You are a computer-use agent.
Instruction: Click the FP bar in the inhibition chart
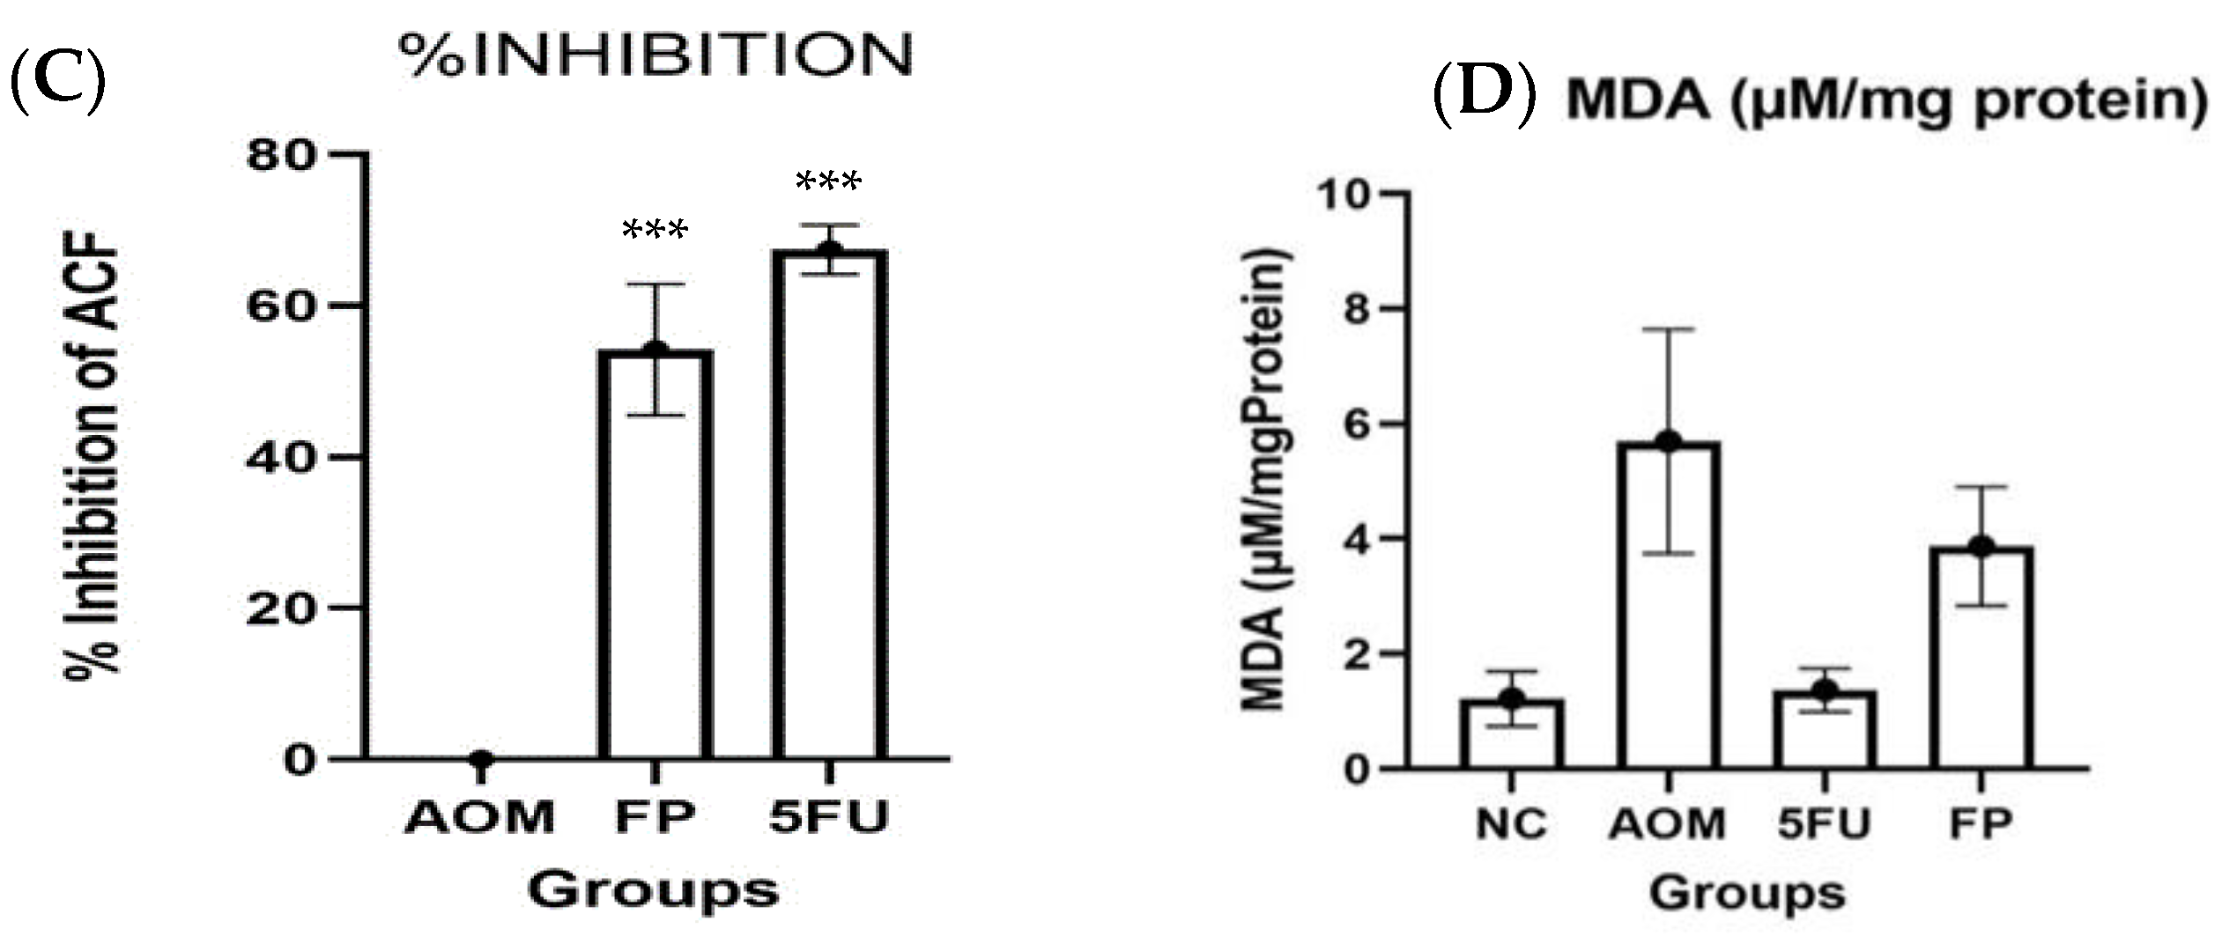tap(655, 555)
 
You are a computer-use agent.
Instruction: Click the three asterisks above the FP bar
tap(655, 232)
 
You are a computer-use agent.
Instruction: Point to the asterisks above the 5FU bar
tap(828, 183)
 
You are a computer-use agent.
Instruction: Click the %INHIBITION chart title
tap(656, 55)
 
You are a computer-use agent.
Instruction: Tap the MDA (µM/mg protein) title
tap(1886, 100)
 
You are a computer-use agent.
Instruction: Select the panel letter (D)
tap(1485, 99)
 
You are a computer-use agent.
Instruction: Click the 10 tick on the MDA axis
tap(1347, 194)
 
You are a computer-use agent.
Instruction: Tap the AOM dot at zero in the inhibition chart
tap(481, 759)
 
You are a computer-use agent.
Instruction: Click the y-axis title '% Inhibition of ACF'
tap(93, 453)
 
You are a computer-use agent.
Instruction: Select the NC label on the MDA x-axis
tap(1510, 824)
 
